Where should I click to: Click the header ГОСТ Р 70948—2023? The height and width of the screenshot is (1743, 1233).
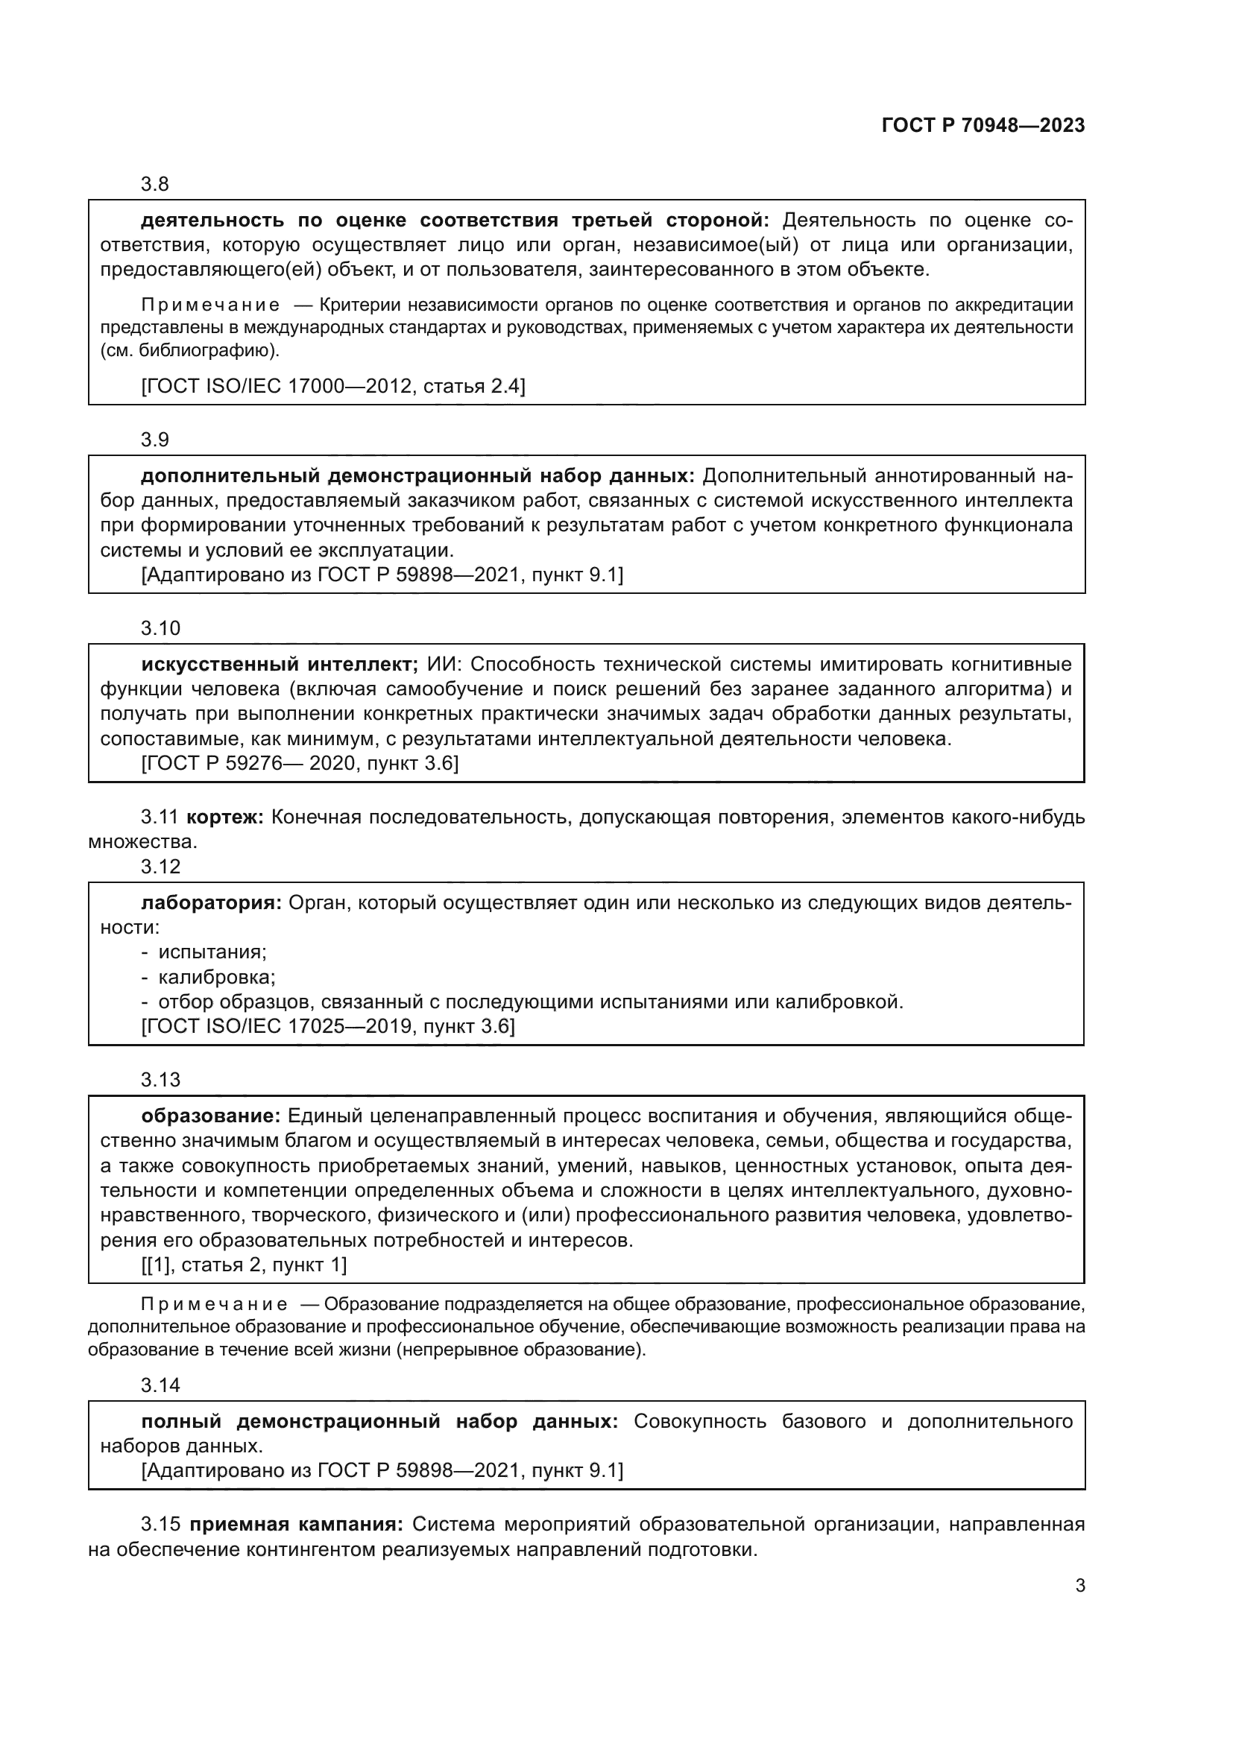[983, 125]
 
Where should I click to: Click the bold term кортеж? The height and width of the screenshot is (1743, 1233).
[224, 817]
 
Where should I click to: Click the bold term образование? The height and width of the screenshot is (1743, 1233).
[211, 1116]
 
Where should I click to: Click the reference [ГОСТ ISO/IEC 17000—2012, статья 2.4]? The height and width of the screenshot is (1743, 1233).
[332, 386]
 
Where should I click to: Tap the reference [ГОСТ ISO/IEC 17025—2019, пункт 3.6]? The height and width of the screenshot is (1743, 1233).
[328, 1026]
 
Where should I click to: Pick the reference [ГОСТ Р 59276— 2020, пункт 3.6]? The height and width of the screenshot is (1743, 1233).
[300, 763]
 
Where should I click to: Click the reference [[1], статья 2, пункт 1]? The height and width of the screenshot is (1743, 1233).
[244, 1264]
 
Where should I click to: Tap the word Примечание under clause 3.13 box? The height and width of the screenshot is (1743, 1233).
[214, 1304]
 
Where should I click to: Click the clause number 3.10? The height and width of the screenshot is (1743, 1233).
[160, 627]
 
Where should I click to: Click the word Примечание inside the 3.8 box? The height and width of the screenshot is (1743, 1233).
[210, 306]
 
